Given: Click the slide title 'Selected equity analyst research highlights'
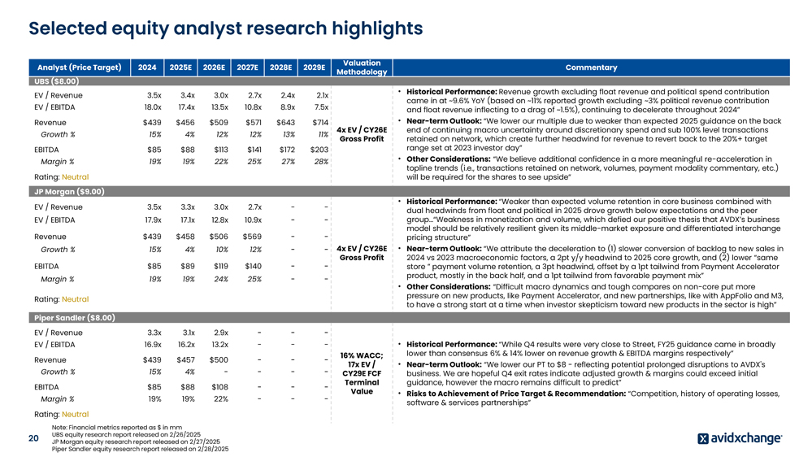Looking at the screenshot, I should point(225,28).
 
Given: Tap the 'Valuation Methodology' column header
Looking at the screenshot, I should point(362,67).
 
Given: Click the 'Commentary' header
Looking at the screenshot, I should point(590,67).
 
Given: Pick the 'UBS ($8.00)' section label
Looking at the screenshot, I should point(55,81).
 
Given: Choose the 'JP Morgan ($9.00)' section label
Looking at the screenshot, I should point(68,192).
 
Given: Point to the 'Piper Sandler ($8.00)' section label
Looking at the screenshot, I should point(74,318).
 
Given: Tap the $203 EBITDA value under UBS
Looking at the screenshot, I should point(318,150).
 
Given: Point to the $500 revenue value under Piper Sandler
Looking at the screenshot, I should point(218,359).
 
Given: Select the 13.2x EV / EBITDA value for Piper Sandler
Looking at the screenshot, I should point(219,345).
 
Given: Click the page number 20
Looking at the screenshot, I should point(33,438).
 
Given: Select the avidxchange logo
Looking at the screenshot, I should point(740,438).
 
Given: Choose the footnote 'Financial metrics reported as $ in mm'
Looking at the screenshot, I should point(116,427).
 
